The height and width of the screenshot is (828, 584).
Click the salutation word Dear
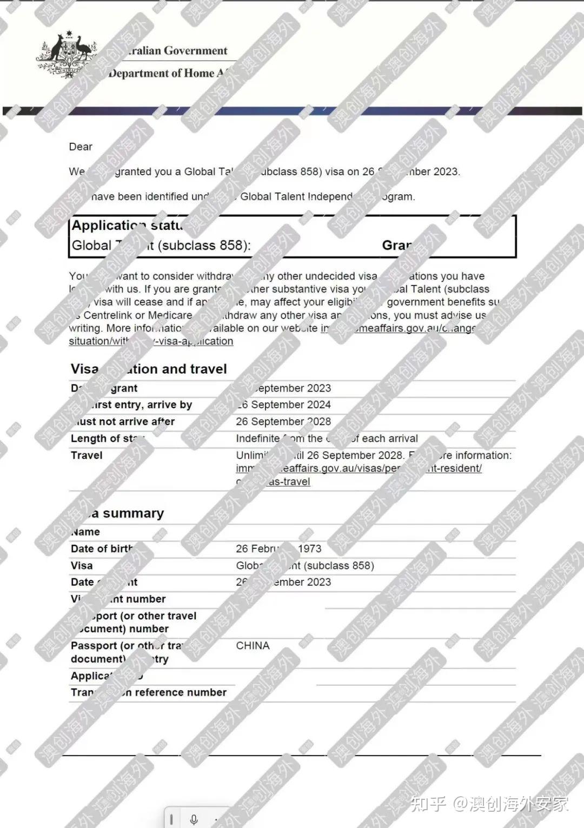(81, 147)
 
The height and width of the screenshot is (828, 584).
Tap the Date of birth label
(102, 548)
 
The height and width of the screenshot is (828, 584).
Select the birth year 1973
(309, 548)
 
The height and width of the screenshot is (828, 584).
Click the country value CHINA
(253, 645)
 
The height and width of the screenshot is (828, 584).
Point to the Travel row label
(87, 455)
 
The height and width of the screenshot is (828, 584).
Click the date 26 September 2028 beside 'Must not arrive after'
(283, 421)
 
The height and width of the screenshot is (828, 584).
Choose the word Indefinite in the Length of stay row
(257, 438)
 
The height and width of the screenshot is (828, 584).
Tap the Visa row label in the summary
(82, 565)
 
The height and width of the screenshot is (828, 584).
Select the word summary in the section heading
(133, 513)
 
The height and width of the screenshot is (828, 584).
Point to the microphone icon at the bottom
(194, 819)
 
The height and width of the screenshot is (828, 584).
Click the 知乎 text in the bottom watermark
(428, 804)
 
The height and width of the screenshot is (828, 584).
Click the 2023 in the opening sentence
(446, 171)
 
